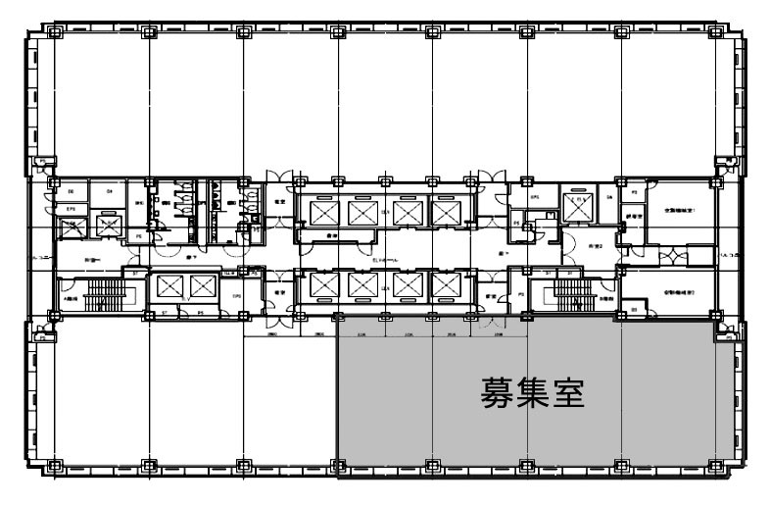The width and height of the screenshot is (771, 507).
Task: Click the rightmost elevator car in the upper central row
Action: coord(446,211)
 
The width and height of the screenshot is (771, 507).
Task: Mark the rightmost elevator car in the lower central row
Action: coord(446,285)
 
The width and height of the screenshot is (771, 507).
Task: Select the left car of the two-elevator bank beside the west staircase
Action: coord(168,287)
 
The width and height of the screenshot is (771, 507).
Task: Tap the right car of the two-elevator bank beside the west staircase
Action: coord(202,287)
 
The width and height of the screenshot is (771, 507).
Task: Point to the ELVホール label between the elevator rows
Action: coord(383,256)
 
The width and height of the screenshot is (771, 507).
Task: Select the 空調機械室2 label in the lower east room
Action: coord(680,291)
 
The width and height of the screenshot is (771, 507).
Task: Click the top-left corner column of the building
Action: coord(53,32)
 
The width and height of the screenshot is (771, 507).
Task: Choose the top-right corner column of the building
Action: coord(718,32)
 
